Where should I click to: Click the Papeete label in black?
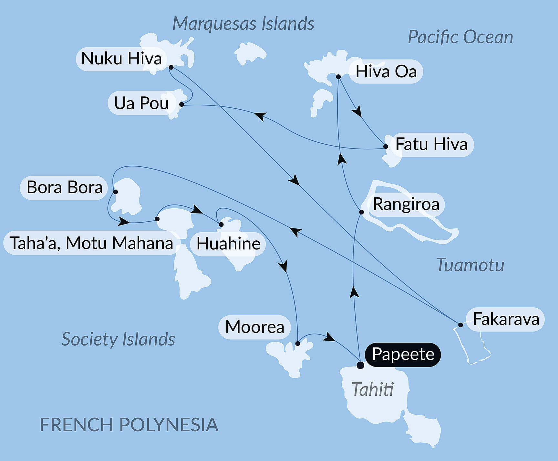pyautogui.click(x=403, y=354)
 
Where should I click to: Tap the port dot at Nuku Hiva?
pyautogui.click(x=171, y=67)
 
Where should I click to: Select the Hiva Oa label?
pyautogui.click(x=386, y=71)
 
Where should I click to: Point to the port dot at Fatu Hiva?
pyautogui.click(x=386, y=147)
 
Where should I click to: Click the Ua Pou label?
pyautogui.click(x=141, y=103)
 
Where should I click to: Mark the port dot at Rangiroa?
pyautogui.click(x=362, y=212)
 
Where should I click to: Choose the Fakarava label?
pyautogui.click(x=506, y=319)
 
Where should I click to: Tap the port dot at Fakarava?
pyautogui.click(x=460, y=325)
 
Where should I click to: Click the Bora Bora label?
pyautogui.click(x=64, y=187)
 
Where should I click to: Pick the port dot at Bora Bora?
pyautogui.click(x=115, y=192)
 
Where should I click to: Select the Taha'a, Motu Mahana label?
pyautogui.click(x=91, y=243)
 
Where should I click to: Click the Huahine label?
pyautogui.click(x=228, y=244)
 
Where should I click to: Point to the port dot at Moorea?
pyautogui.click(x=298, y=344)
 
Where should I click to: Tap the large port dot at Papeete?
pyautogui.click(x=360, y=366)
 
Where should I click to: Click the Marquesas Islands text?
pyautogui.click(x=243, y=24)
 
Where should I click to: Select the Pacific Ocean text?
pyautogui.click(x=460, y=37)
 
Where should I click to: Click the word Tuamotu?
pyautogui.click(x=470, y=265)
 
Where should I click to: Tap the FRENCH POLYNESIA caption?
pyautogui.click(x=129, y=424)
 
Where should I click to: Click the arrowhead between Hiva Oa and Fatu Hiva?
pyautogui.click(x=357, y=112)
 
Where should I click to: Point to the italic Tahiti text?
pyautogui.click(x=372, y=389)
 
